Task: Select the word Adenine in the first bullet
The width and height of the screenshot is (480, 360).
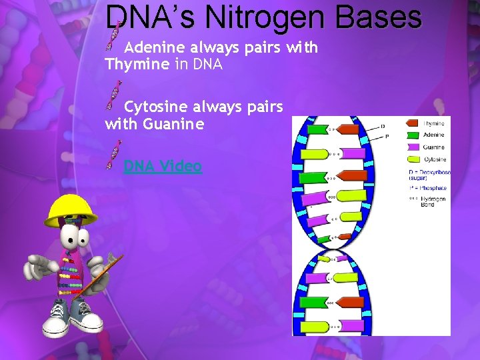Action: [155, 48]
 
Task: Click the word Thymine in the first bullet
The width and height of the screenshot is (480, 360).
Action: [137, 65]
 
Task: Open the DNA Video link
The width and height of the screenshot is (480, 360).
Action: [163, 165]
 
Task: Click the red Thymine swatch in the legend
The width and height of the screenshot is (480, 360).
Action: [411, 123]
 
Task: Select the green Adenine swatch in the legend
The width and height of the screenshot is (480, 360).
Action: [411, 135]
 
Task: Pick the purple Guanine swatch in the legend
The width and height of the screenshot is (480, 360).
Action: [411, 147]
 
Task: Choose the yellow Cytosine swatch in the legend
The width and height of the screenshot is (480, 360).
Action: [411, 159]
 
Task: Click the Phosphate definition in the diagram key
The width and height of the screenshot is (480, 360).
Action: [427, 188]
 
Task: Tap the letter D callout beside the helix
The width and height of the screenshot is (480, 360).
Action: [383, 126]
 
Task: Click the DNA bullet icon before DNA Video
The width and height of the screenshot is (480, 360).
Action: [115, 155]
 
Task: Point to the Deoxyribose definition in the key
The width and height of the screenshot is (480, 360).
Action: [429, 175]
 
